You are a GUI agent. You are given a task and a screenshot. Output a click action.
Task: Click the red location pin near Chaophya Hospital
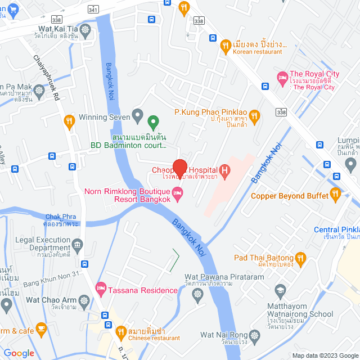[179, 168]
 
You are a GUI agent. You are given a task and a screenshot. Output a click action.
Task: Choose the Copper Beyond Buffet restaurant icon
[336, 195]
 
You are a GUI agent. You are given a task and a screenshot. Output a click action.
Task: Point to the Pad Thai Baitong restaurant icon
[300, 258]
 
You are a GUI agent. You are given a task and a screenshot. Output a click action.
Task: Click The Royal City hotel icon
[282, 75]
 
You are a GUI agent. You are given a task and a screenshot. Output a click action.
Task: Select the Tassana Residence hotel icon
[101, 290]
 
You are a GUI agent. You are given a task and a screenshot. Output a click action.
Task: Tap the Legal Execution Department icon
[77, 244]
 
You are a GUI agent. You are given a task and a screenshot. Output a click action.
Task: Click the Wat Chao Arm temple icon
[84, 300]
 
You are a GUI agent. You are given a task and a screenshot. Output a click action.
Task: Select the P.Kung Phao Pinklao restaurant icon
[254, 116]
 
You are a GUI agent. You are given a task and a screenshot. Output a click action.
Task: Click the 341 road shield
[93, 10]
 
